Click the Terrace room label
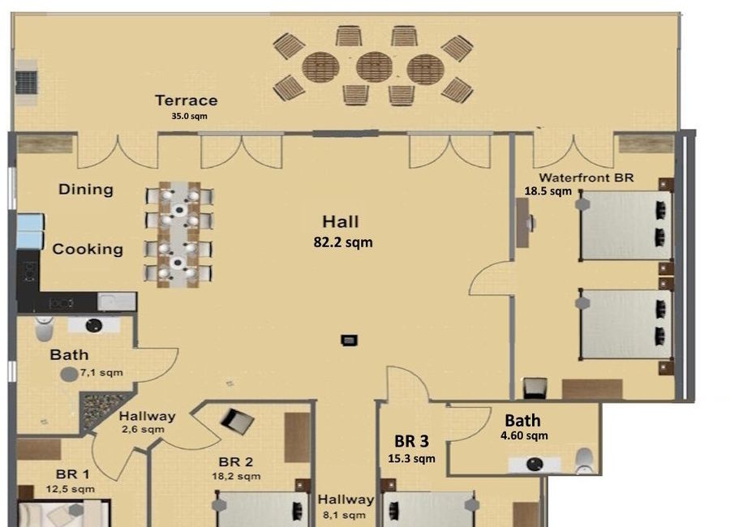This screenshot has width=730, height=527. coord(187,101)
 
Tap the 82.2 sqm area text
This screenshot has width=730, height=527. coord(343,242)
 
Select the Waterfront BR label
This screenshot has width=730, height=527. coord(586,178)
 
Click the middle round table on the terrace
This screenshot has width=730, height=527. coord(374,67)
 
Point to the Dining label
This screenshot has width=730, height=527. coord(86,190)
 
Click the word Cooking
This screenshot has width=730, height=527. coord(88,249)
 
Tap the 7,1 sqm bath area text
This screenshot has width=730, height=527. coord(101,372)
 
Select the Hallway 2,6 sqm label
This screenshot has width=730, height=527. coord(146,422)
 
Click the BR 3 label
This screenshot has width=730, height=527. coord(411,441)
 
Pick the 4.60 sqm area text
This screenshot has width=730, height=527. coord(524,435)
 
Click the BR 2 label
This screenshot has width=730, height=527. coord(235,462)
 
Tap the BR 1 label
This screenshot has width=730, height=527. coord(72,474)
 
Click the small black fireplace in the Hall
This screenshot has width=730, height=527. coord(349,341)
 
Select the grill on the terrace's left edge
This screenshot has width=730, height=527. coord(26,82)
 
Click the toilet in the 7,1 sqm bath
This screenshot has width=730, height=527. coord(45,328)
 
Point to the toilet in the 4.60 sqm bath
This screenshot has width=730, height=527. coord(584,461)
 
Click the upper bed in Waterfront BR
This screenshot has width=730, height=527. coord(625,225)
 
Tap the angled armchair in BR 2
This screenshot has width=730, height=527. coord(237,421)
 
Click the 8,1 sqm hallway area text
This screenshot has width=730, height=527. coord(344,516)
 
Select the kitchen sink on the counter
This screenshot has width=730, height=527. coord(116,302)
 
